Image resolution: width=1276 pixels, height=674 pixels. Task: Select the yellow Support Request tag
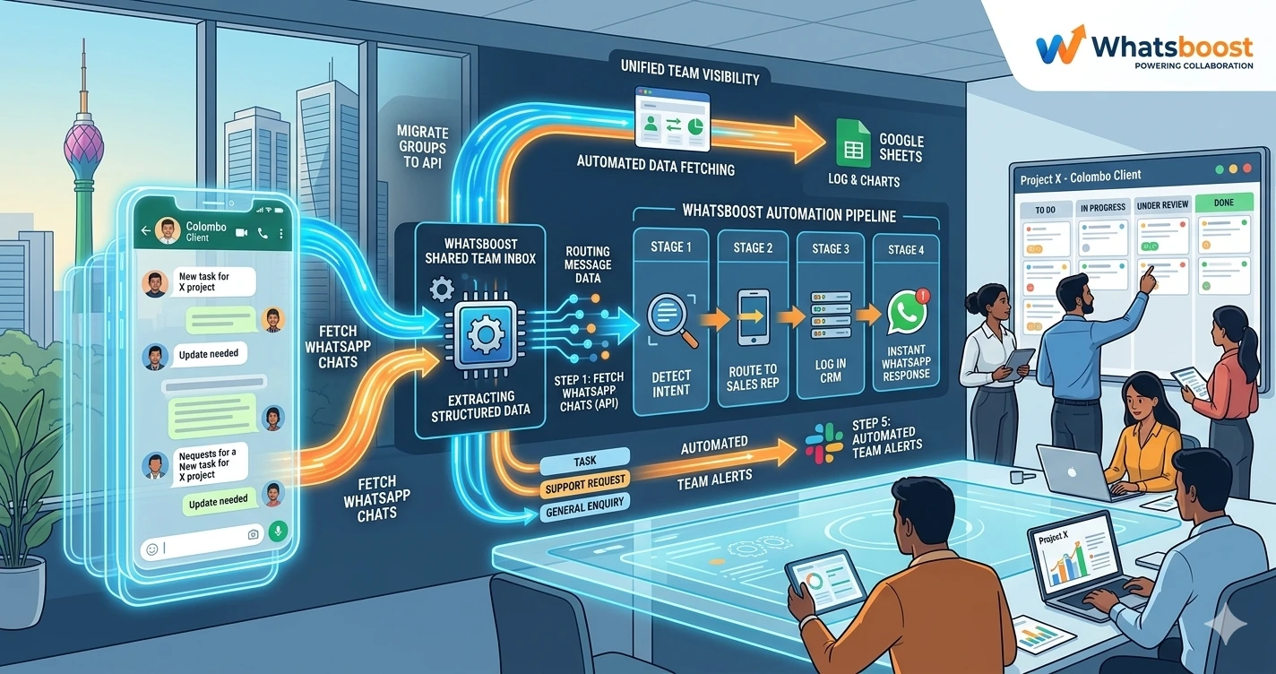pyautogui.click(x=585, y=485)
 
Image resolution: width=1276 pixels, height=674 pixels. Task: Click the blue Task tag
pyautogui.click(x=585, y=460)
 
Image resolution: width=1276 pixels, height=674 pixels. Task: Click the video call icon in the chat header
pyautogui.click(x=241, y=232)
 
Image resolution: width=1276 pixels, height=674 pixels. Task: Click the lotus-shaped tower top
pyautogui.click(x=83, y=143)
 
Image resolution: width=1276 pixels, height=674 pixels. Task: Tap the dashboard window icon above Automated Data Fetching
pyautogui.click(x=671, y=117)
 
